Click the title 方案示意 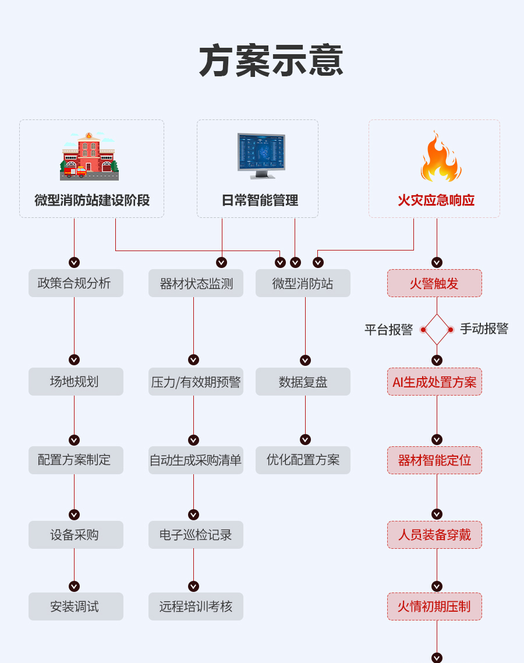(271, 61)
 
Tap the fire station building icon (90, 156)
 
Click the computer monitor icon (261, 156)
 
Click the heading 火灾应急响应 (436, 200)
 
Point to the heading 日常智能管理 (260, 200)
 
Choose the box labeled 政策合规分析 (76, 283)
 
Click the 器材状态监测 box (196, 283)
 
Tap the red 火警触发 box (434, 283)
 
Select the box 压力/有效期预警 (196, 382)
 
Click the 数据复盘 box (303, 382)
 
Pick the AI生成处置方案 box (434, 382)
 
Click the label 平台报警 (388, 329)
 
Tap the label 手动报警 (484, 329)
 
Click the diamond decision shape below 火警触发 (437, 329)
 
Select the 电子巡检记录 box (196, 535)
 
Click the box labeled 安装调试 (76, 606)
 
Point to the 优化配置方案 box (303, 460)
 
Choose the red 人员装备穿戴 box (434, 535)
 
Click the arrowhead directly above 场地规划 (74, 359)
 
